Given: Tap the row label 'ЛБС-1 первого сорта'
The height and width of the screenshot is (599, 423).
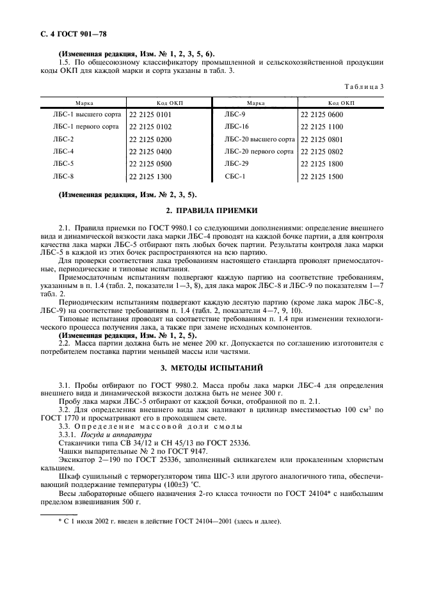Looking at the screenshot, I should click(86, 127).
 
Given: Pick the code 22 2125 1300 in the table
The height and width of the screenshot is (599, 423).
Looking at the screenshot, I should click(150, 176).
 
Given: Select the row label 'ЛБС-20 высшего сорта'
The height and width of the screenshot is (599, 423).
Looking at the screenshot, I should click(259, 139).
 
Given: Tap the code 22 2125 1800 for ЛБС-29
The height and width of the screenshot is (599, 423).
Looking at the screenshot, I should click(322, 164).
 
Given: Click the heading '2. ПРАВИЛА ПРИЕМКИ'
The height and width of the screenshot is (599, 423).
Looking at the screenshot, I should click(212, 211).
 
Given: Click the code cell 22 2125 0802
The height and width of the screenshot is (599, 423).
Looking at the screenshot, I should click(322, 152).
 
